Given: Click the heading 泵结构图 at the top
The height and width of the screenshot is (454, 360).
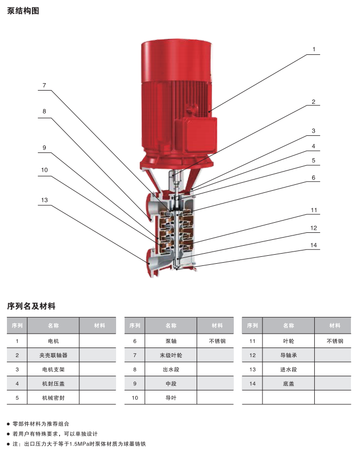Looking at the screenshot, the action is (23, 11).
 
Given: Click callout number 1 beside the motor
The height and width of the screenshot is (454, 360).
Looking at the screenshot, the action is (314, 49).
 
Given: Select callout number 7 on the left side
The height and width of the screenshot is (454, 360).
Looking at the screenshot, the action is (44, 85).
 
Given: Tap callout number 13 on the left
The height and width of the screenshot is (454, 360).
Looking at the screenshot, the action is (44, 200).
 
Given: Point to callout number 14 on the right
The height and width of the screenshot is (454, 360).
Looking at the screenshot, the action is (314, 245).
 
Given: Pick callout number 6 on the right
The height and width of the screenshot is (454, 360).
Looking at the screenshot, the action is (314, 177).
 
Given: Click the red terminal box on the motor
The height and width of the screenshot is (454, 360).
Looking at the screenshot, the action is (200, 134).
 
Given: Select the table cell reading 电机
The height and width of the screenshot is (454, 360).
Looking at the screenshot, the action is (53, 341).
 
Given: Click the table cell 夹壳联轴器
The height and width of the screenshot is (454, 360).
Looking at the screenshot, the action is (53, 355).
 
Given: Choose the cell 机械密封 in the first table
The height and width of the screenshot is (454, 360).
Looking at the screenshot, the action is (53, 398).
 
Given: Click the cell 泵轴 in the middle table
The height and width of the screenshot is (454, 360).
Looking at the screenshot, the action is (171, 341).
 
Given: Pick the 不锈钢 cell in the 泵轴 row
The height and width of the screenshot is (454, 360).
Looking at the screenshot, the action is (217, 341).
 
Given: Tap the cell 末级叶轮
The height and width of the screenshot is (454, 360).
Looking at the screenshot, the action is (171, 355).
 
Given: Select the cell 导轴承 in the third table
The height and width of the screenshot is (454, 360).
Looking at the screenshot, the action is (289, 355).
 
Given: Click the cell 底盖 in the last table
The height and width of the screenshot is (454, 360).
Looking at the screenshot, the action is (289, 384).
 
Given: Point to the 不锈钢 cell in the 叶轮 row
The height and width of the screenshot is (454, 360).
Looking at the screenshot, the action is (335, 341).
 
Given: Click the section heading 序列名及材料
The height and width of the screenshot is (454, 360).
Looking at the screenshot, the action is (31, 306).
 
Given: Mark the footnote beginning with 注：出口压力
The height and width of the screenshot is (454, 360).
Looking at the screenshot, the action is (79, 444).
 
